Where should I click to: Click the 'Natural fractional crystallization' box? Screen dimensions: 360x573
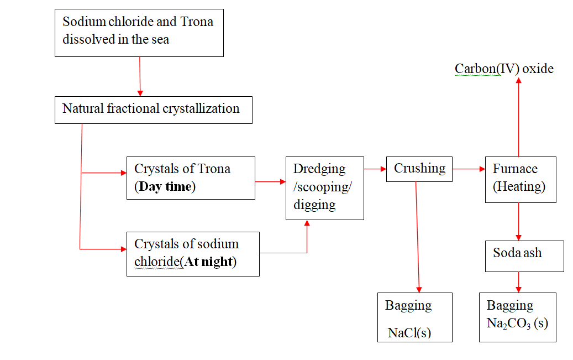coord(153,109)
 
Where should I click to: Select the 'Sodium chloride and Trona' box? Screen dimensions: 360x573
coord(139,32)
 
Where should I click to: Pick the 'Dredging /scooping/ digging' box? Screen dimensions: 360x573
coord(324,188)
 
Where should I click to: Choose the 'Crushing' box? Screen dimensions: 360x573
coord(419,169)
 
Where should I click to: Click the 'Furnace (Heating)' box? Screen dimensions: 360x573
coord(520,179)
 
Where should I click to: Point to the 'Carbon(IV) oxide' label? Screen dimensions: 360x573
coord(504,69)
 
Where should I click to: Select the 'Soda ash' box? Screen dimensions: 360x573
coord(524,255)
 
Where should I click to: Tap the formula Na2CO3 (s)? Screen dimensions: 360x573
coord(517,323)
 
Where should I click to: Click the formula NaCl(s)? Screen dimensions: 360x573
coord(409,332)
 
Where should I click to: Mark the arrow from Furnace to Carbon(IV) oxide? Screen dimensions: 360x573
coord(519,116)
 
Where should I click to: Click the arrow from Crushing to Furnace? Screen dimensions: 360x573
coord(469,169)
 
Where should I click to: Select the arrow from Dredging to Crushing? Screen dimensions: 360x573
coord(375,169)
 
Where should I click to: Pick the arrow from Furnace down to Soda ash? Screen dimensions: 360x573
coord(519,221)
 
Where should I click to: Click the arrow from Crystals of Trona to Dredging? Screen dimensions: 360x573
coord(270,180)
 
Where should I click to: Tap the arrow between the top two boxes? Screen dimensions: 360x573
coord(140,76)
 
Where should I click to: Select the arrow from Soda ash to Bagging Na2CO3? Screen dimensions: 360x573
coord(519,282)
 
